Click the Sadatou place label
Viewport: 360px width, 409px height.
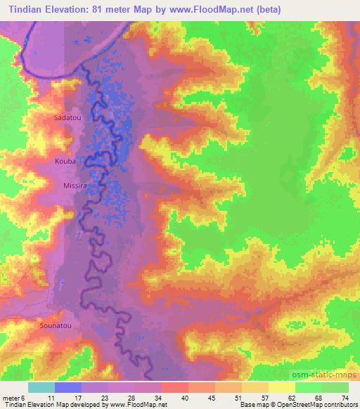pyautogui.click(x=68, y=118)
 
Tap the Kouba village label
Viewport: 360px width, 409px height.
pyautogui.click(x=64, y=162)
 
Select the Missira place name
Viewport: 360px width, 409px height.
pyautogui.click(x=75, y=186)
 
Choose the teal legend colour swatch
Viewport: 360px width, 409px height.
pyautogui.click(x=41, y=387)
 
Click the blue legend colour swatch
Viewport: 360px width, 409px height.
pyautogui.click(x=68, y=387)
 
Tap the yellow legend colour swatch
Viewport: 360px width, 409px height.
pyautogui.click(x=282, y=387)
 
